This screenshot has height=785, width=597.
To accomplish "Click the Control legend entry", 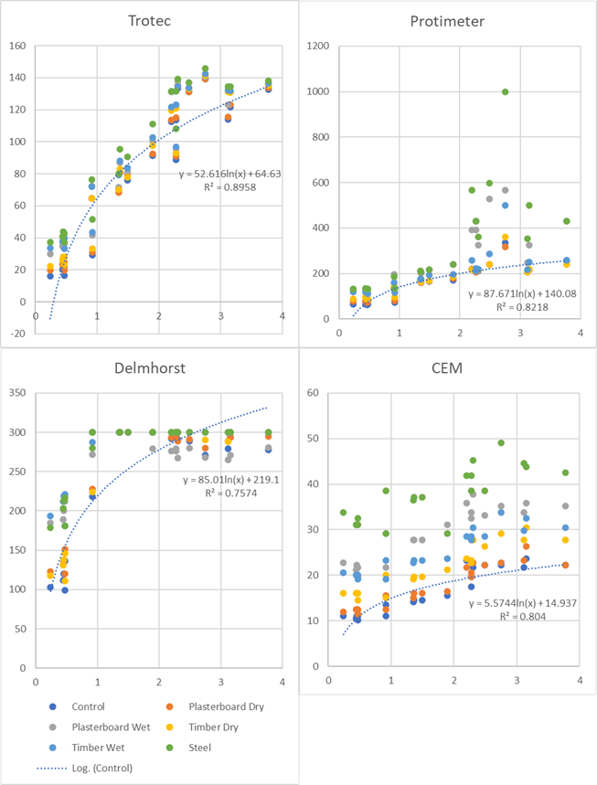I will (89, 706).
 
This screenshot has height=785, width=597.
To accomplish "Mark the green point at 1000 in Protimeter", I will (505, 91).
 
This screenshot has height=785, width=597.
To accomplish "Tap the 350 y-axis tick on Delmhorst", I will (16, 392).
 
